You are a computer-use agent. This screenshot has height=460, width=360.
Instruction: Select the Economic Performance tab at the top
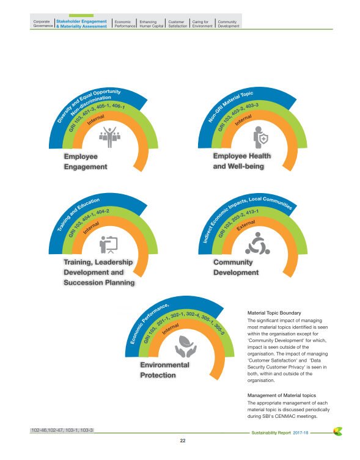pyautogui.click(x=125, y=24)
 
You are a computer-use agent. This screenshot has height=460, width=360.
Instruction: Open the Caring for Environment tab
pyautogui.click(x=202, y=24)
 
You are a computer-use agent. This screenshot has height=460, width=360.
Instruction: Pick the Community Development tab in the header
pyautogui.click(x=227, y=24)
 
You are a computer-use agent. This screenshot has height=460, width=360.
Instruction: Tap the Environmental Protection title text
pyautogui.click(x=164, y=370)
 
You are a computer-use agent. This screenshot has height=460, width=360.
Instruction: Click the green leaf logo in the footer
pyautogui.click(x=336, y=431)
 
